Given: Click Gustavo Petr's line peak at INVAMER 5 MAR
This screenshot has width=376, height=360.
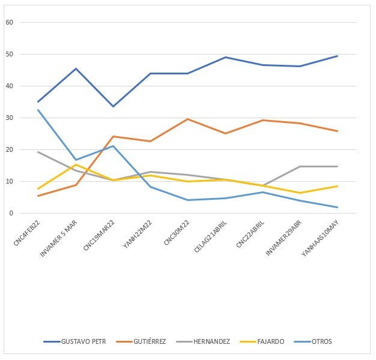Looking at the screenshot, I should pyautogui.click(x=76, y=68).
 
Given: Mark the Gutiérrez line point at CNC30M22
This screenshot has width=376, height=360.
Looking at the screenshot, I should pyautogui.click(x=188, y=119).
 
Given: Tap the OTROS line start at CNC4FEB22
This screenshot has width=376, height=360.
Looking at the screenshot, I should pyautogui.click(x=38, y=110).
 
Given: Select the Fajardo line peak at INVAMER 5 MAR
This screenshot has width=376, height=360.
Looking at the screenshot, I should pyautogui.click(x=76, y=164).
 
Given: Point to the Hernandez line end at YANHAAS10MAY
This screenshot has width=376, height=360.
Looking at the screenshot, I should pyautogui.click(x=338, y=166).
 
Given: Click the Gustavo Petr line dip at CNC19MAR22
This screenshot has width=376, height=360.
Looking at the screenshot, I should pyautogui.click(x=113, y=106).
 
